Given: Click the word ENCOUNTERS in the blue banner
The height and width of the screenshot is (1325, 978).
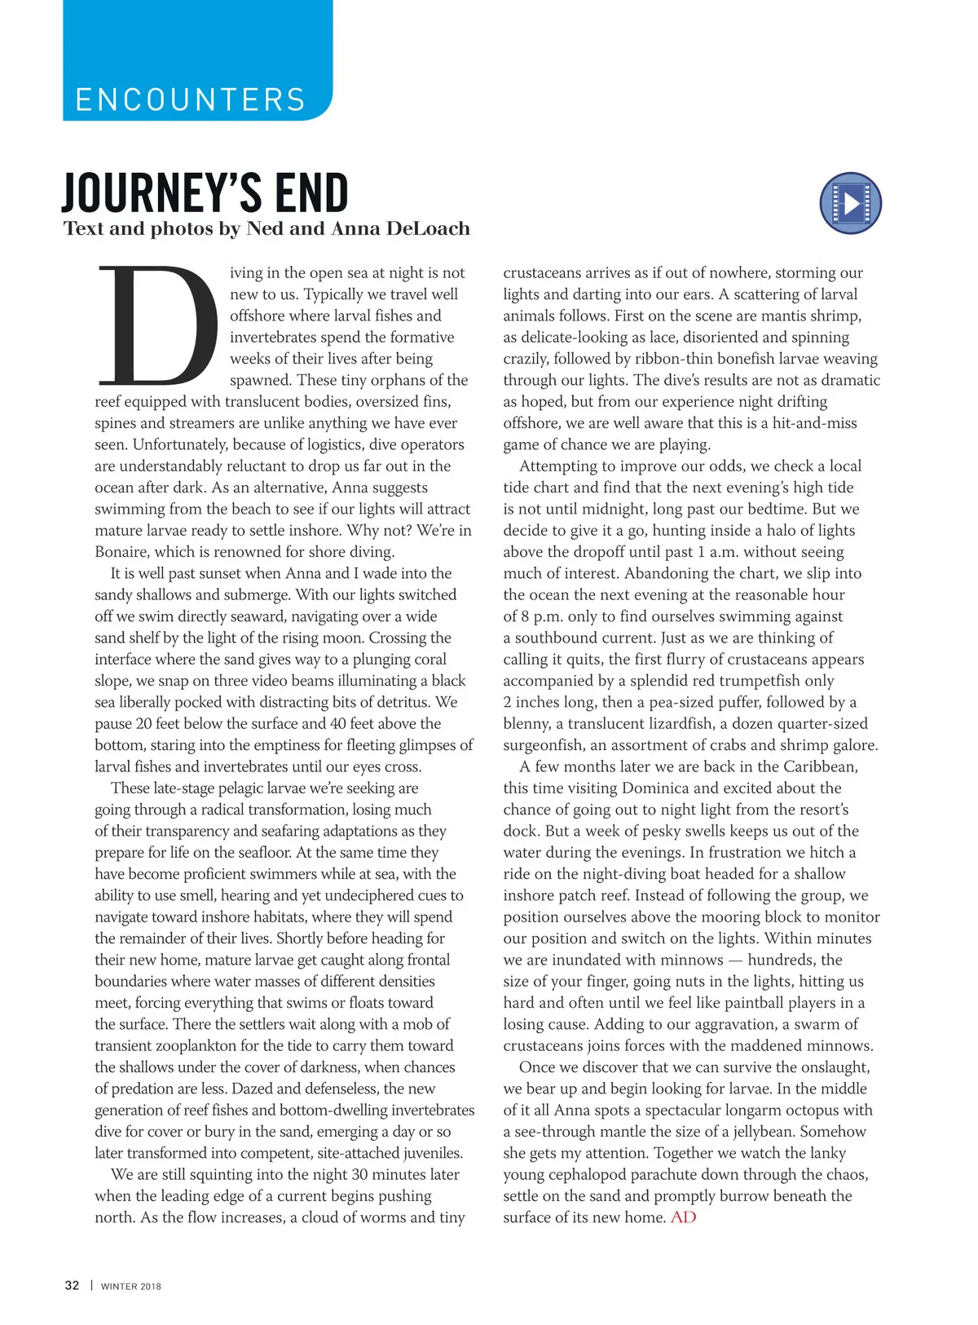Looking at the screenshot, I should (x=190, y=100).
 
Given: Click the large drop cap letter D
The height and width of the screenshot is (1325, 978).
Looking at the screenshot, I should (x=156, y=325).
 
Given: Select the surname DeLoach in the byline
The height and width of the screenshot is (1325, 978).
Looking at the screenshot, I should (x=428, y=228).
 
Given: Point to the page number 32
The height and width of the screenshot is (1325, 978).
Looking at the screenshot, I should (x=72, y=1286).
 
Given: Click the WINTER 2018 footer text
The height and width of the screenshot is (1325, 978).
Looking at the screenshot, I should (x=131, y=1287).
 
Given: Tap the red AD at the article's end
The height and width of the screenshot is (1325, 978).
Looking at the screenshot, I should (x=683, y=1217).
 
